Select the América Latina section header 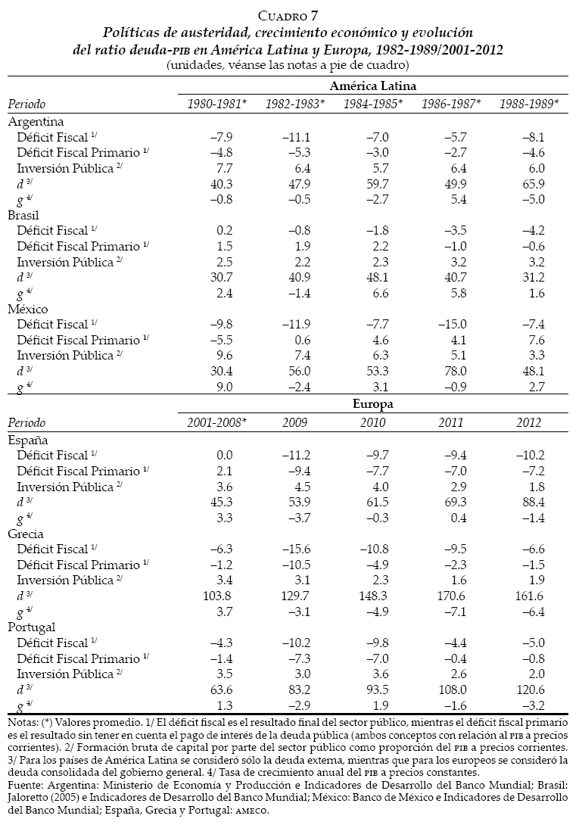click(x=373, y=86)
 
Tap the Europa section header click(x=373, y=404)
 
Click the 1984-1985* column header click(x=374, y=104)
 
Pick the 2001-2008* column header click(x=218, y=422)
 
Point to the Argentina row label click(x=36, y=121)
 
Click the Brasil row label click(x=26, y=215)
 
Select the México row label click(x=28, y=310)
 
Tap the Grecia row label click(x=27, y=533)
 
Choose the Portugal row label click(x=33, y=627)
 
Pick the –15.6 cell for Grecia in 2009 click(x=295, y=549)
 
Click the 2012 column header click(x=529, y=422)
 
